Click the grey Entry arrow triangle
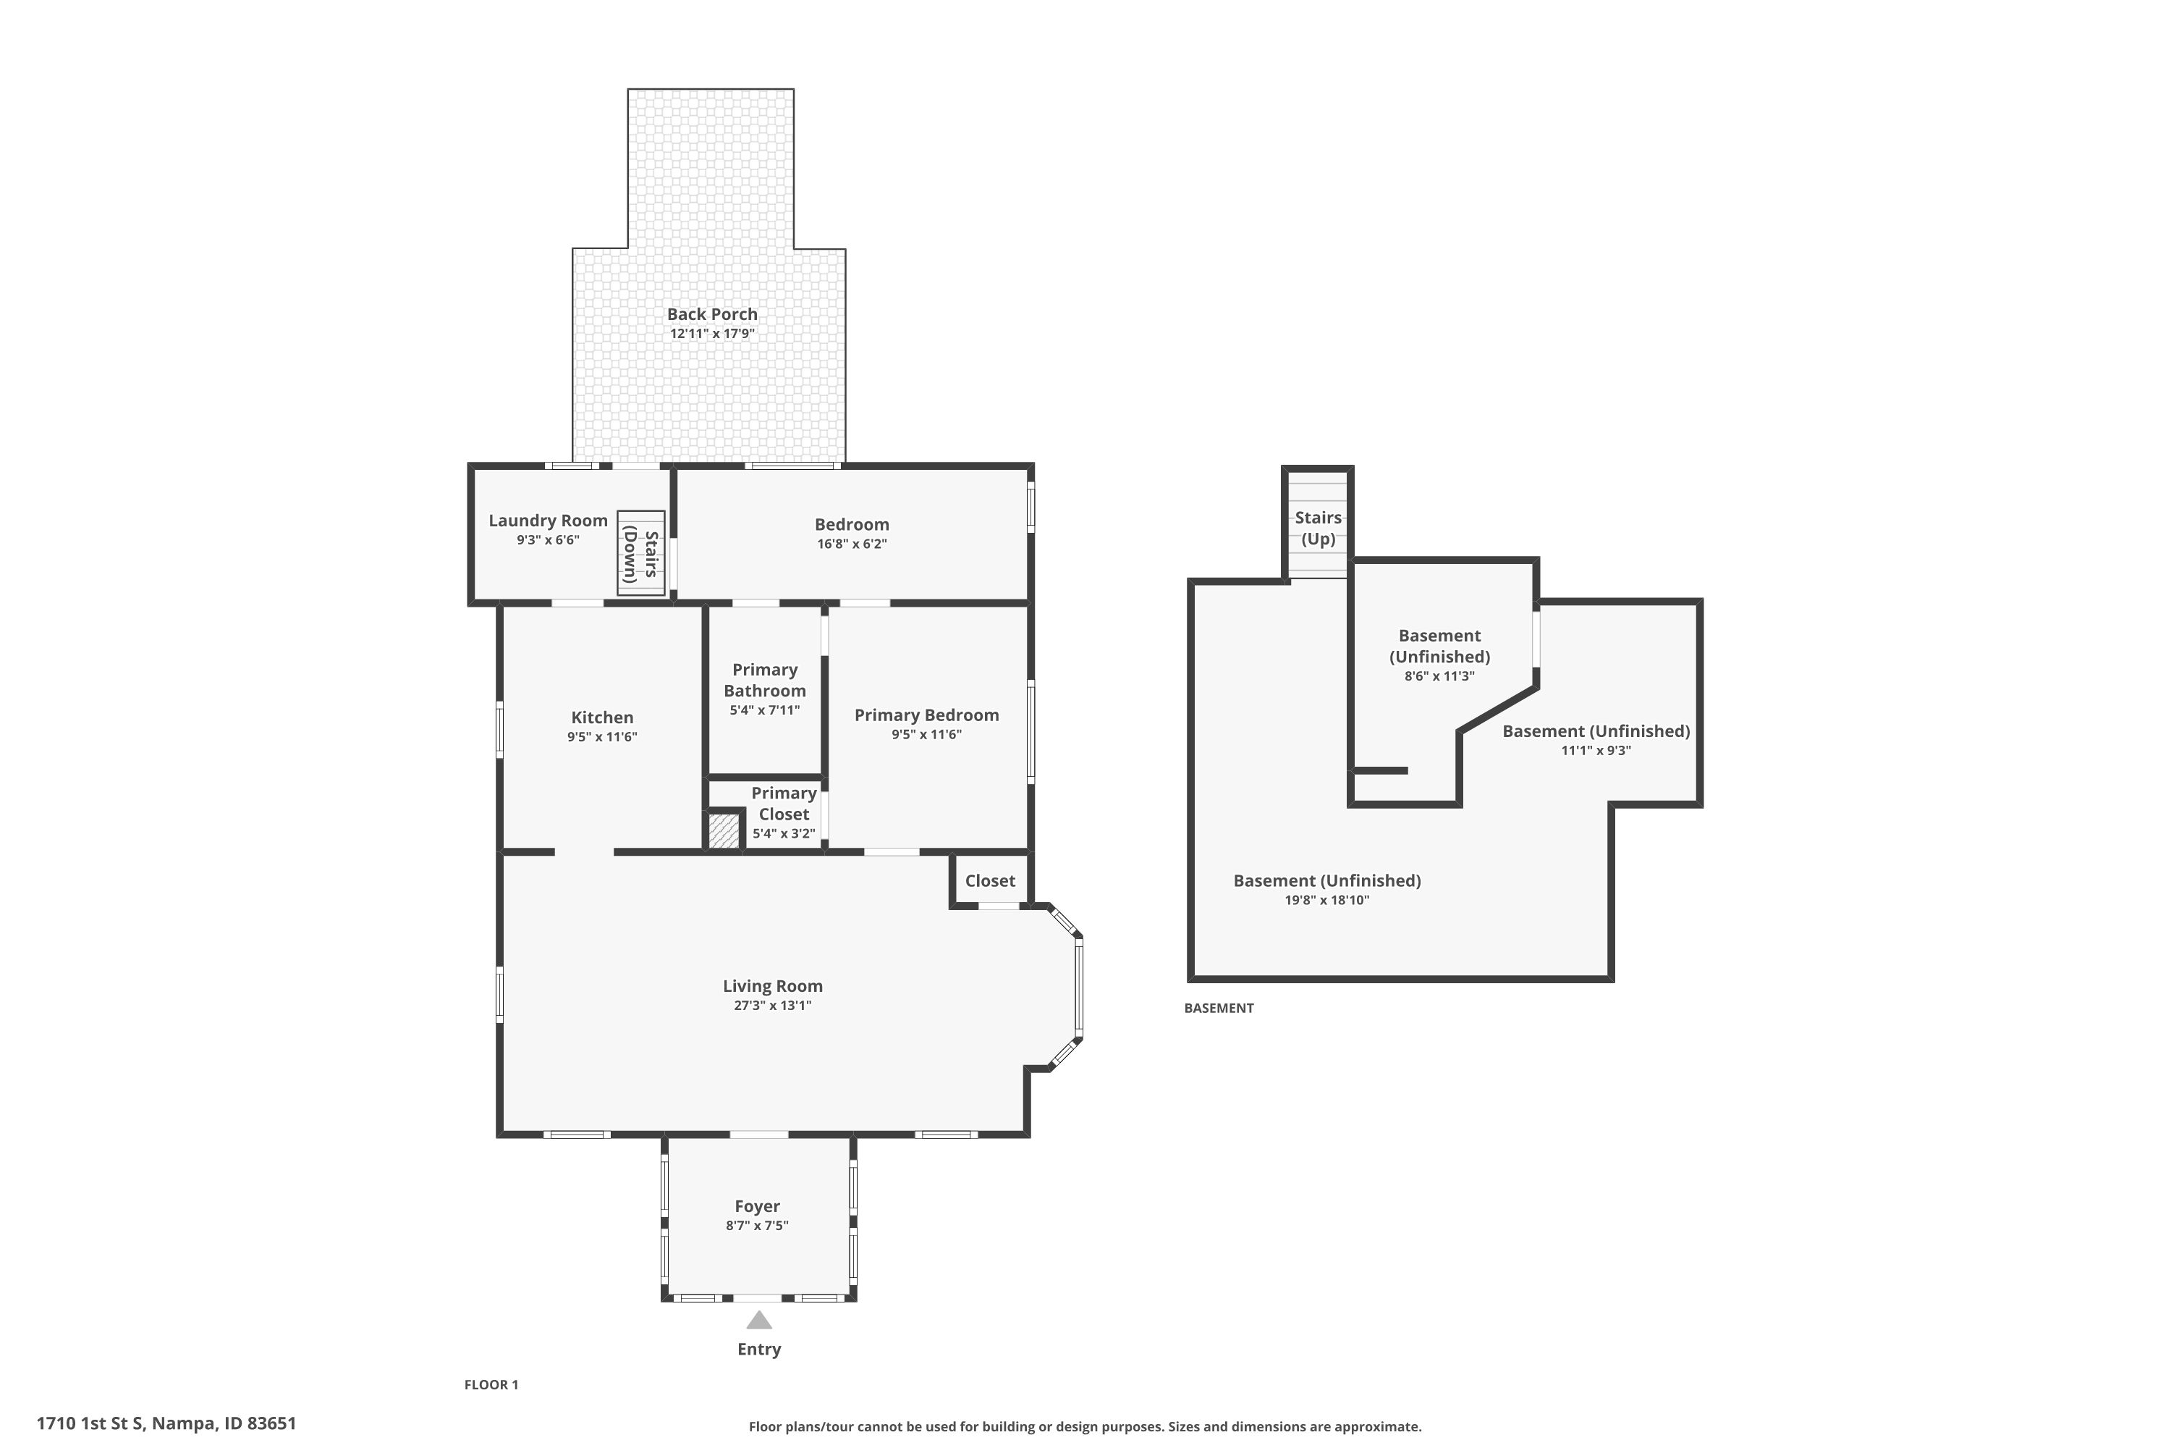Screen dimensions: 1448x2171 tap(758, 1320)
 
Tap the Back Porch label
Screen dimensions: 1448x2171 tap(711, 314)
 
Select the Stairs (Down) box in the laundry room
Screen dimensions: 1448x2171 tap(640, 553)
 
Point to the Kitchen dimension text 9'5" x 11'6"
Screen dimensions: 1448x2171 tap(602, 737)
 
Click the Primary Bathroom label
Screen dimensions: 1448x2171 tap(764, 680)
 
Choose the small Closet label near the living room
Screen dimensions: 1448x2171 tap(989, 881)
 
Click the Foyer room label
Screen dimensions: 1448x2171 tap(757, 1206)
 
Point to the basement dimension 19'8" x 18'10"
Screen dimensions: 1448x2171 tap(1326, 901)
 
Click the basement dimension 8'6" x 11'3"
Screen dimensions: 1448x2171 tap(1439, 676)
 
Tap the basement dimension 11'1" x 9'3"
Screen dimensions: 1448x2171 tap(1595, 751)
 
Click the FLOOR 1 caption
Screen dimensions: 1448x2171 tap(491, 1384)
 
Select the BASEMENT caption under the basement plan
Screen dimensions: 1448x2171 tap(1219, 1008)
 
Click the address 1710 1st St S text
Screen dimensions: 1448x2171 tap(166, 1423)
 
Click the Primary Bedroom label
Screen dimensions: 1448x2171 tap(926, 715)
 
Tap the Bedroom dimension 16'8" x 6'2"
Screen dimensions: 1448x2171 tap(851, 544)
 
